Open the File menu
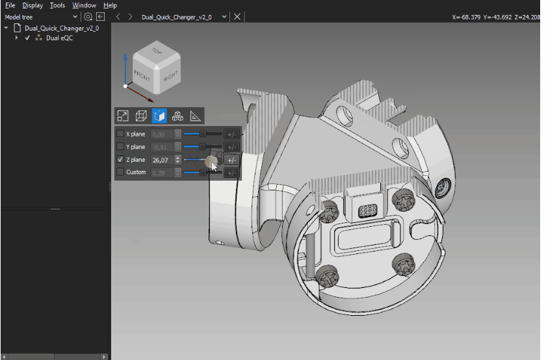(10, 5)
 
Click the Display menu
(32, 5)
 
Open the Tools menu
(57, 5)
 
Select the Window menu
(84, 5)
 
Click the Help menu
(110, 5)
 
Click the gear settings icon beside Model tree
(88, 16)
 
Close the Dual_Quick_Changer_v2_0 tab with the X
(237, 16)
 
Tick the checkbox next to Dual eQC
(27, 38)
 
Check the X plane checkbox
(120, 134)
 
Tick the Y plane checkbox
(120, 147)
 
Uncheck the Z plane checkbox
(120, 160)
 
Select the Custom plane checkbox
(120, 172)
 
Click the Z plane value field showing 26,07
(161, 160)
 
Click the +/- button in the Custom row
(231, 172)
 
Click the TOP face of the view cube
(157, 52)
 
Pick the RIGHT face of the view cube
(170, 75)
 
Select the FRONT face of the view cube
(142, 75)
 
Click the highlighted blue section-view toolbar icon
(159, 116)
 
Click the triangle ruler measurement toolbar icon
(195, 116)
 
